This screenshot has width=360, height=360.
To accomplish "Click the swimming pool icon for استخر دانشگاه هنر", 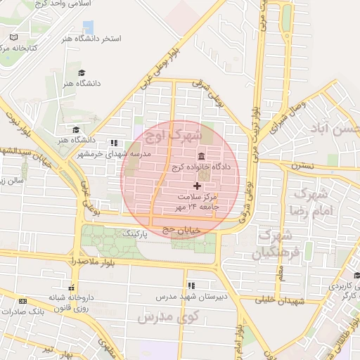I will (x=88, y=26).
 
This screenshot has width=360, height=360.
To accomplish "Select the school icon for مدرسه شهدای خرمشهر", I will (x=114, y=143).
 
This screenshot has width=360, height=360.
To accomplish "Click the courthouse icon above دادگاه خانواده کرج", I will (x=202, y=156).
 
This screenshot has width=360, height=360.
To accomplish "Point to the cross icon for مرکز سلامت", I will (x=197, y=186).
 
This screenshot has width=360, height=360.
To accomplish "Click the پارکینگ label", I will (x=136, y=231).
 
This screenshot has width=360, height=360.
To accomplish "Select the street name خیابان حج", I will (x=181, y=229).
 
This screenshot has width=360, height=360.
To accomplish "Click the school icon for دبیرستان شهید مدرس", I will (x=191, y=285).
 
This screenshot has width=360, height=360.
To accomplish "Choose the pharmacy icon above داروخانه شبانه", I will (x=71, y=286).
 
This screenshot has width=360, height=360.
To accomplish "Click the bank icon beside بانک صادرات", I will (x=22, y=301).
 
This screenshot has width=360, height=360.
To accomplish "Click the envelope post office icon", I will (x=356, y=275).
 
